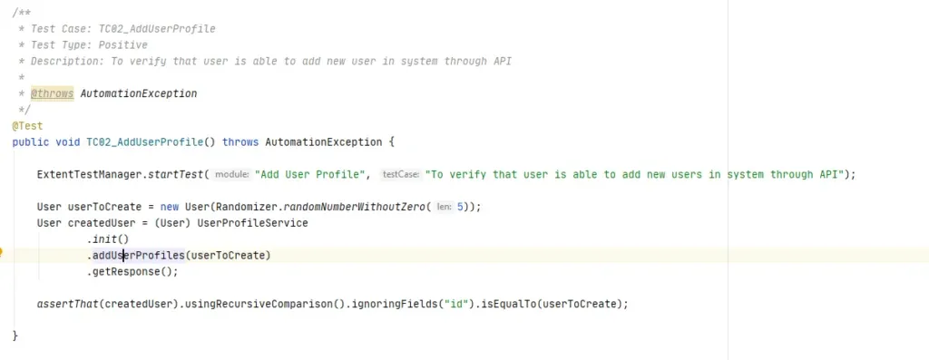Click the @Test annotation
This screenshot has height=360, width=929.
[27, 126]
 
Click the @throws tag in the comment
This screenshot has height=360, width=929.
[52, 93]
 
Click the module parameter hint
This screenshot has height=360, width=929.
[231, 174]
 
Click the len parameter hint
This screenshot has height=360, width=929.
[444, 207]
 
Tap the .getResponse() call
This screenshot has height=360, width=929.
[132, 271]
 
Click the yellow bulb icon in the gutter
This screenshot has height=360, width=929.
[3, 255]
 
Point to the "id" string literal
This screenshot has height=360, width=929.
[451, 304]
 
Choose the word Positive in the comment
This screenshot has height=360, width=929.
[123, 44]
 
